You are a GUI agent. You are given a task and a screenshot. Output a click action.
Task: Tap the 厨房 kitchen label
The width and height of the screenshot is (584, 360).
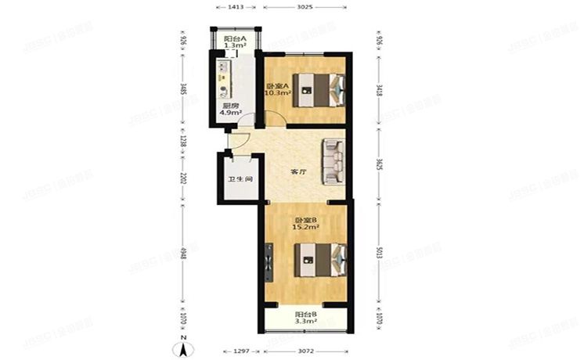pos(229,108)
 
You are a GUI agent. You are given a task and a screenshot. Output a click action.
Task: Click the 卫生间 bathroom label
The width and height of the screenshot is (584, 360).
pos(240,179)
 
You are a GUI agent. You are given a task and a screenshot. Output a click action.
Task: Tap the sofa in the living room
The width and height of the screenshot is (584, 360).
pos(334,161)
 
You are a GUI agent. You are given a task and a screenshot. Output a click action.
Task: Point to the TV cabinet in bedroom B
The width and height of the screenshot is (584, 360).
pos(270,261)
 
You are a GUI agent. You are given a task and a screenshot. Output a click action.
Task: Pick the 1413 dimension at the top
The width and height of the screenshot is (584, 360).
pos(236,7)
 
